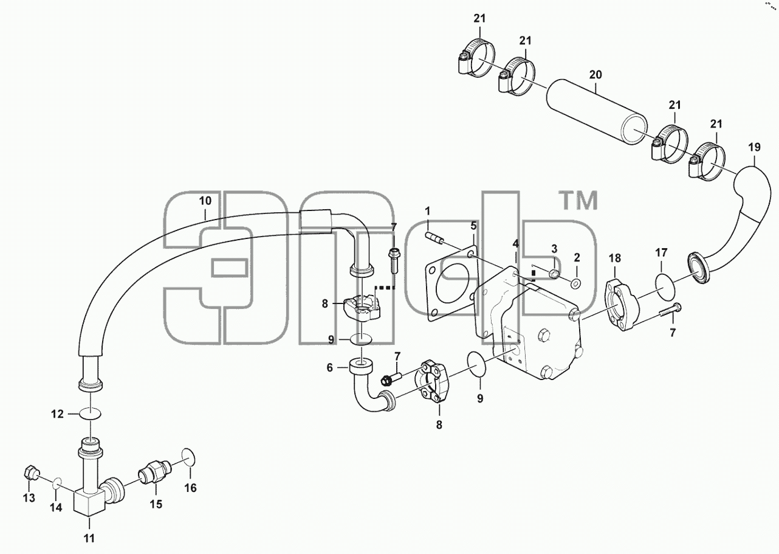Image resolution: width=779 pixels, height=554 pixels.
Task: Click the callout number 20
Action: click(595, 75)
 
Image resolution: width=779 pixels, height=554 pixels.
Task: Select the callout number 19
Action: click(754, 147)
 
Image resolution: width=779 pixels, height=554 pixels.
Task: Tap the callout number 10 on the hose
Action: click(205, 201)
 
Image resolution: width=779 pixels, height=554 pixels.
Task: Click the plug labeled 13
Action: click(32, 473)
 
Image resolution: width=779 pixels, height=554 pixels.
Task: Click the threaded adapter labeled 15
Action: click(154, 470)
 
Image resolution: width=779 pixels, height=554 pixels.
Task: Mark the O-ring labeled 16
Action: click(188, 457)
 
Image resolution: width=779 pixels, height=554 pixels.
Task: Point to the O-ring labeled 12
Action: click(91, 414)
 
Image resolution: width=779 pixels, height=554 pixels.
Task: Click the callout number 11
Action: click(89, 538)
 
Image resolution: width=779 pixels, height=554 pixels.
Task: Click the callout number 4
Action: click(515, 243)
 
